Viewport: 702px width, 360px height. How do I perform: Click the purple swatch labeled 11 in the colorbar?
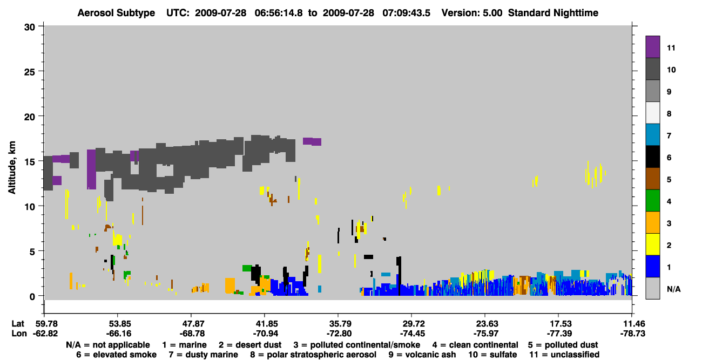tap(652, 47)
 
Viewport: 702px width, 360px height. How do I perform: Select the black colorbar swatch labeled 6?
tap(652, 157)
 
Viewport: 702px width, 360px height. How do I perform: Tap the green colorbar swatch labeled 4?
tap(652, 201)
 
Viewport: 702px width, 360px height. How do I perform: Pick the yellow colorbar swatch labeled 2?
tap(652, 244)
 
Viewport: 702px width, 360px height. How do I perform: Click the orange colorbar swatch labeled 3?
tap(652, 222)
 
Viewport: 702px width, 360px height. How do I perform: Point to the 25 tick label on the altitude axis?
tap(30, 72)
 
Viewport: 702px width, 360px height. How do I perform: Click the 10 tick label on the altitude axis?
tap(30, 207)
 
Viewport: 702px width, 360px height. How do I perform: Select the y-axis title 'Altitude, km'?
tap(11, 168)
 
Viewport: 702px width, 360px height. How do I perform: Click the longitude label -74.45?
tap(413, 334)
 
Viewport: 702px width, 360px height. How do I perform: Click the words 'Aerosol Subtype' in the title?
tap(116, 13)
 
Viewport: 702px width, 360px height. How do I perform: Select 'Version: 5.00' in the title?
tap(472, 13)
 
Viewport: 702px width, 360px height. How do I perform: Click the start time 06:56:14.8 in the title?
tap(279, 13)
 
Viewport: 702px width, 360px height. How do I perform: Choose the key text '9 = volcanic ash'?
tap(422, 355)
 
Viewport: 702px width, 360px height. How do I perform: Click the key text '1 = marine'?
tap(184, 345)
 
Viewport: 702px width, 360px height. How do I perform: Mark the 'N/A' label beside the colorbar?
tap(674, 289)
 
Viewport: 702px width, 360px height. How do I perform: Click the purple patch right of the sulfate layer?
tap(312, 141)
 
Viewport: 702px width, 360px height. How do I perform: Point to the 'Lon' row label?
tap(19, 334)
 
